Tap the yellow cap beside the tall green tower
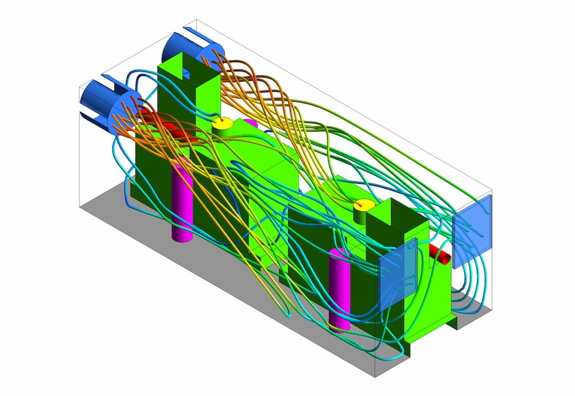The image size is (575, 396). tap(222, 124)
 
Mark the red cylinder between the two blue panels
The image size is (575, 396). tap(442, 253)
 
